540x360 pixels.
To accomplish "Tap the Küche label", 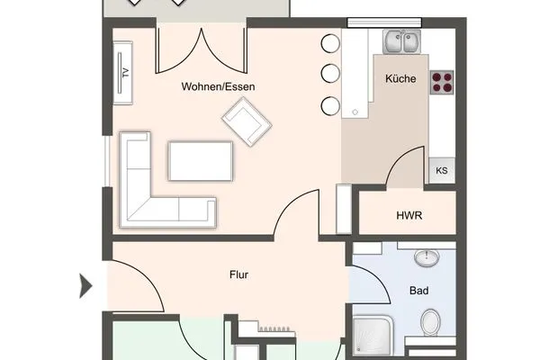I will pos(400,79).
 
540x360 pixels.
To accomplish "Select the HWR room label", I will pos(409,216).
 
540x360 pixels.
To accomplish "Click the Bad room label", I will pos(418,291).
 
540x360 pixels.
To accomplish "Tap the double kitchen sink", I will pos(401,41).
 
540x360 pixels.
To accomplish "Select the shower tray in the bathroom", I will pos(370,337).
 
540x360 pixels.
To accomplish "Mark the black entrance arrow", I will pos(86,287).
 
